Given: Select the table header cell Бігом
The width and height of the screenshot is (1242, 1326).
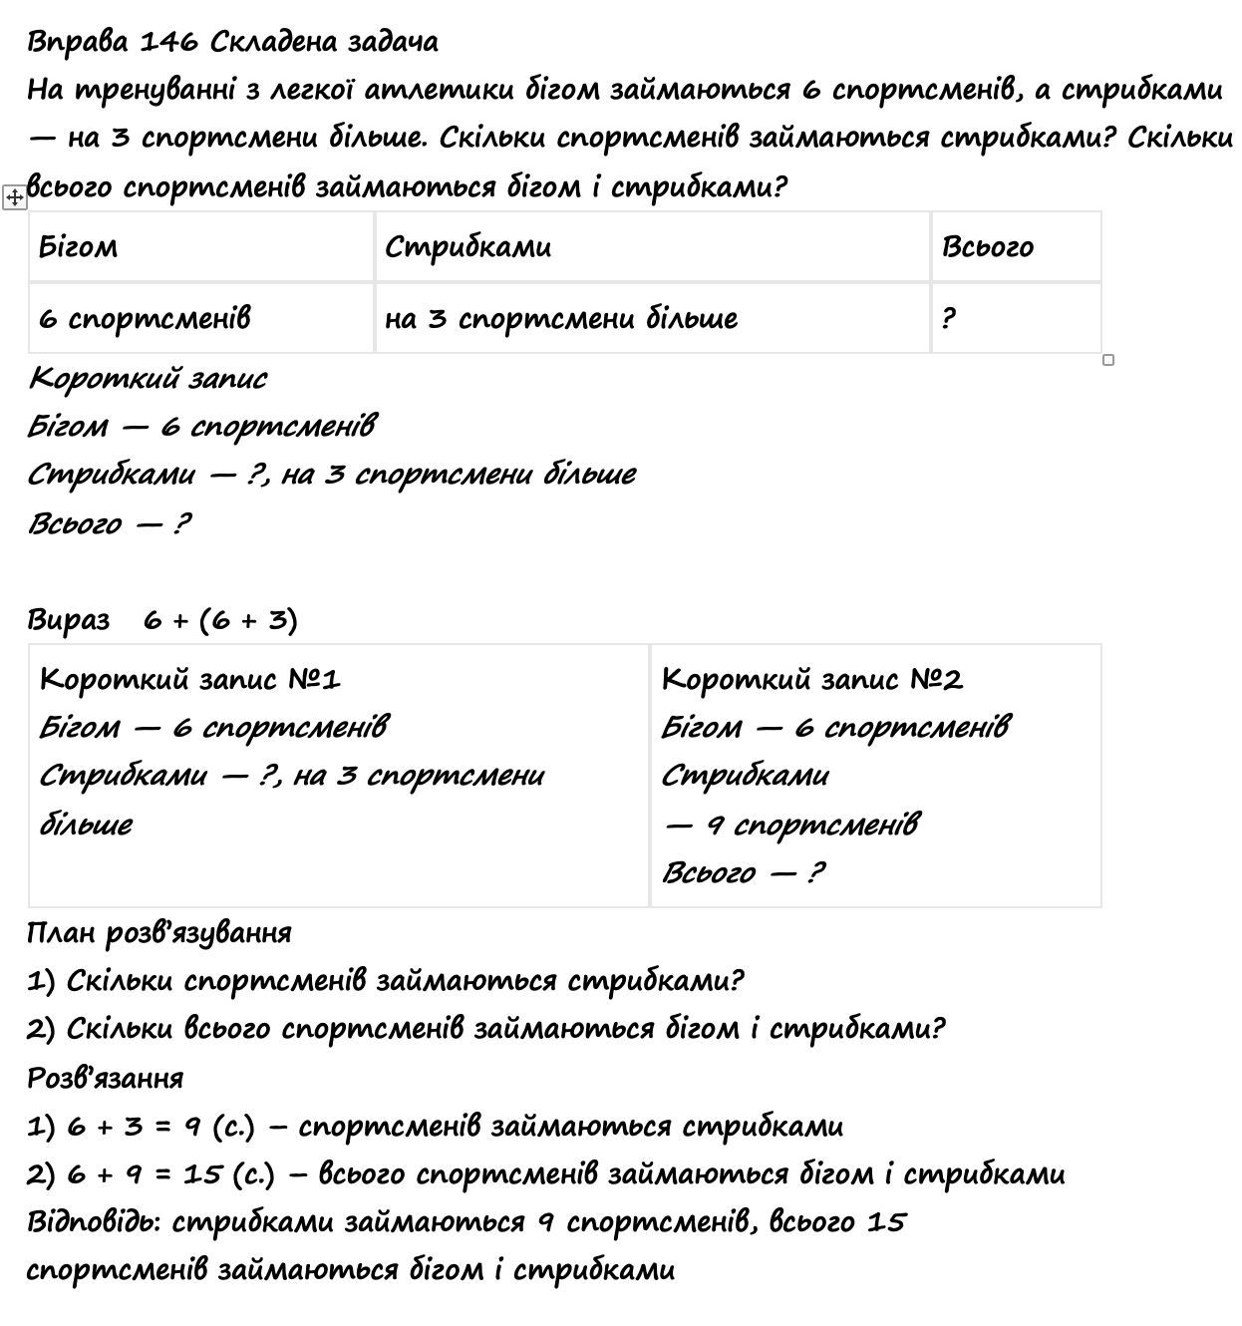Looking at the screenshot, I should click(x=78, y=246).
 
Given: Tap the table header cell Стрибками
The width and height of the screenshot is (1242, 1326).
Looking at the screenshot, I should click(x=467, y=246).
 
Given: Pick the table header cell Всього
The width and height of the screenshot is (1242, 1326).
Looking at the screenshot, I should click(x=987, y=246).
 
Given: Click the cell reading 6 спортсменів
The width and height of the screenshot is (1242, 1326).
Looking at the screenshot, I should click(x=145, y=318).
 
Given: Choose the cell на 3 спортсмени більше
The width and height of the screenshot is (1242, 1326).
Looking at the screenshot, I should click(x=561, y=318).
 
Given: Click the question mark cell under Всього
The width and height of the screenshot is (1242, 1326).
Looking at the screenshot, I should click(x=948, y=318).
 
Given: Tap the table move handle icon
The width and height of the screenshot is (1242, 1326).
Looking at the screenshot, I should click(x=15, y=197).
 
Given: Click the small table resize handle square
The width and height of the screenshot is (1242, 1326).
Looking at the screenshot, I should click(x=1108, y=360).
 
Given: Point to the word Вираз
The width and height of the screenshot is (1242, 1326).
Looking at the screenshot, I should click(x=68, y=620).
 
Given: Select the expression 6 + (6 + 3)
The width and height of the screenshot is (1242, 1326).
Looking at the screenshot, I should click(x=220, y=620).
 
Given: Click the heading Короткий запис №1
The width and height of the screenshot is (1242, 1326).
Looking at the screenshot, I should click(x=190, y=679).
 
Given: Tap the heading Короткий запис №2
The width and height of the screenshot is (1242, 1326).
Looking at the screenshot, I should click(x=812, y=679).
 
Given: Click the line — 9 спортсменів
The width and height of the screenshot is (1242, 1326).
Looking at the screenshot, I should click(x=791, y=825).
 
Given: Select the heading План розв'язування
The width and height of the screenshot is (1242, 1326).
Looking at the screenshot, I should click(x=159, y=932).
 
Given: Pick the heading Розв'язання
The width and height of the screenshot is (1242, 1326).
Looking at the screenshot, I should click(x=106, y=1078).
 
